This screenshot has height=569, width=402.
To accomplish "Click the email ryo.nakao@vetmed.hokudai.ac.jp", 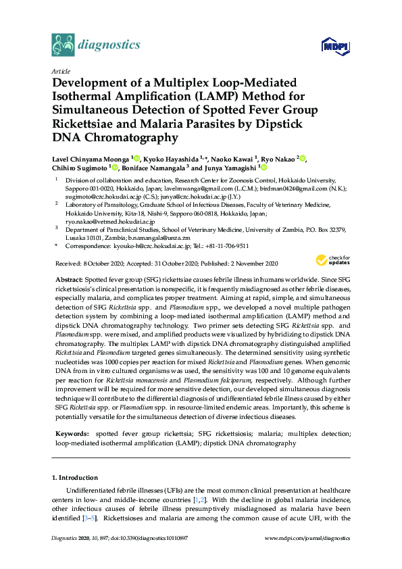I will click(x=111, y=222).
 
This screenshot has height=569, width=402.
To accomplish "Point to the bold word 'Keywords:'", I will click(x=70, y=432).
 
